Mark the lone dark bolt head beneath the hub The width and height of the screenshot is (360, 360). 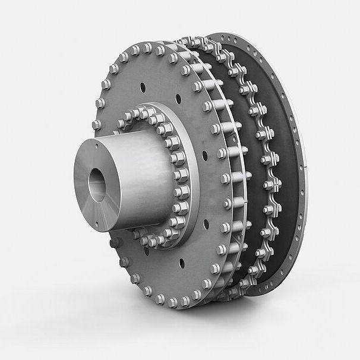click(114, 242)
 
